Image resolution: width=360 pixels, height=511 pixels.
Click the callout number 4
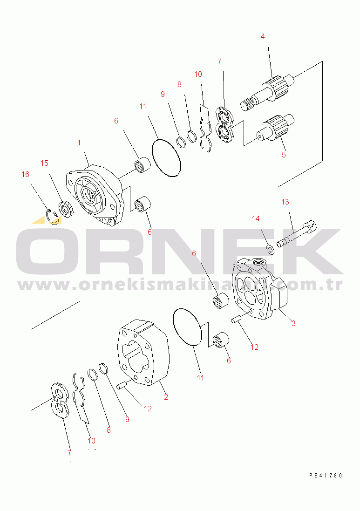coord(263,36)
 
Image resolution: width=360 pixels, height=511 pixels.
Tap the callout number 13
coord(285,202)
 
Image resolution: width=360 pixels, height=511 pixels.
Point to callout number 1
coord(79,142)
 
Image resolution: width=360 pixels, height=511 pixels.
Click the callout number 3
coord(293,323)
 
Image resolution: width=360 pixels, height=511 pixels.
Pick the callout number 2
coord(165,397)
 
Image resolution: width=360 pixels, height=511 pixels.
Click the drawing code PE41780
coord(326,476)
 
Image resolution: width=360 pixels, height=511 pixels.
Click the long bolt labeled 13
coord(296,234)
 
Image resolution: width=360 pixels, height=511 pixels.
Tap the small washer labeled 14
coord(271,251)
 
